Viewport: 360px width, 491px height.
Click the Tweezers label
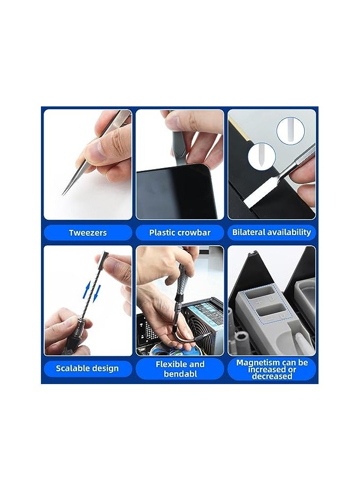point(88,232)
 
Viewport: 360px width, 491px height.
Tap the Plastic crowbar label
point(180,232)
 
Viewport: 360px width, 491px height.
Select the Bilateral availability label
point(271,232)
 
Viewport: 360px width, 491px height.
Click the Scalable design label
point(88,368)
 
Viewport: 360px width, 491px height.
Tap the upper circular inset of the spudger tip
point(290,130)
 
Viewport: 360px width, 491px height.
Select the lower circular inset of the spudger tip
point(262,156)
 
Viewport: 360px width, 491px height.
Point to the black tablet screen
point(169,192)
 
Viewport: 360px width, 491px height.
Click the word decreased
point(272,376)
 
